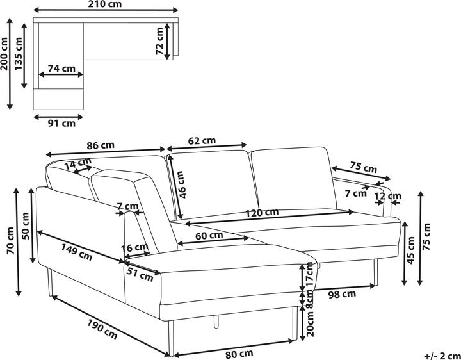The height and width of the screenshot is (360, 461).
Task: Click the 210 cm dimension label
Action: click(106, 4)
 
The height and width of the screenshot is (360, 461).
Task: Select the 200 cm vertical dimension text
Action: click(5, 62)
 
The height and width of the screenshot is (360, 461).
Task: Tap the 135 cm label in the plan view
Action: click(19, 54)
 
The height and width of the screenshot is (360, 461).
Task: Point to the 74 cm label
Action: click(61, 68)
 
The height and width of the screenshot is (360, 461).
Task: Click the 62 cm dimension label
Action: click(202, 140)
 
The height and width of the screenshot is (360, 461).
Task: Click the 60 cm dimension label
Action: click(209, 235)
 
